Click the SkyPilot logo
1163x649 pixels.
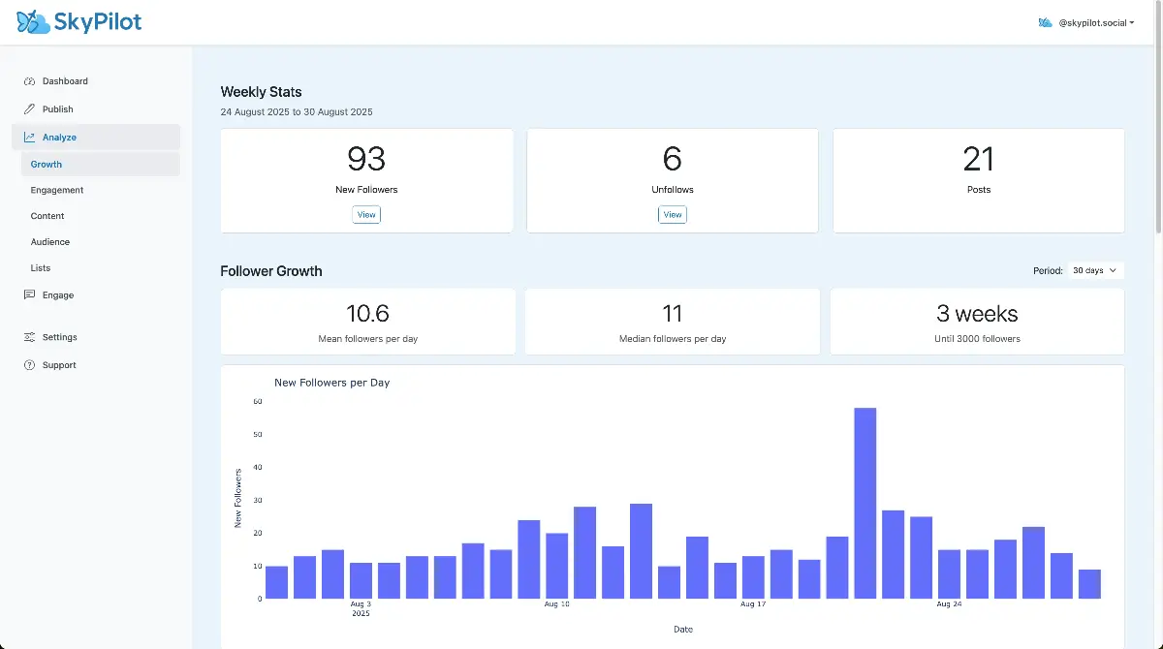(79, 21)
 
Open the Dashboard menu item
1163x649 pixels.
(65, 81)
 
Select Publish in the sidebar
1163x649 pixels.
(57, 109)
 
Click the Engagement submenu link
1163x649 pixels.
(57, 190)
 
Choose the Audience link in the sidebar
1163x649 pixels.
(50, 242)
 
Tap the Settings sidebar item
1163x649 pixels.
(59, 337)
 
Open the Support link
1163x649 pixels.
(59, 365)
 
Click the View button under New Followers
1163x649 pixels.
(366, 215)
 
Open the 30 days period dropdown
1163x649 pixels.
(1095, 271)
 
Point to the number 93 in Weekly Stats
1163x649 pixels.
(366, 159)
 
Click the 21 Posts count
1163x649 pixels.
(979, 159)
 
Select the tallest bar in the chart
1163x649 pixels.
(865, 503)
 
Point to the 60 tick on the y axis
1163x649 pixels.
(258, 401)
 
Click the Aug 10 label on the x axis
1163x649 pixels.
(557, 604)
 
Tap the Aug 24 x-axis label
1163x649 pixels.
(949, 604)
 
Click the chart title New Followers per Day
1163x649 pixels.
(332, 383)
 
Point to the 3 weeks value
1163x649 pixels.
(977, 314)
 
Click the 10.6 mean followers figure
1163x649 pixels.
(367, 314)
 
